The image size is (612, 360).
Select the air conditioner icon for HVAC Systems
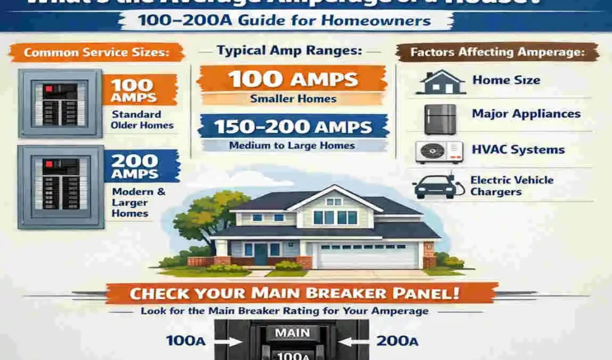tap(439, 152)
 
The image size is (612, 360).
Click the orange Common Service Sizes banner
tap(96, 52)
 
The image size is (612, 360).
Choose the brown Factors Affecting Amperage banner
tap(497, 52)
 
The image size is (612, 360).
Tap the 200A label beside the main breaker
tap(397, 341)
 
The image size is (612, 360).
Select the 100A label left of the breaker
tap(186, 341)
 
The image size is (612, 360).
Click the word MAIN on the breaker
tap(292, 332)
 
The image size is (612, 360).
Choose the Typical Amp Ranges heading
tap(290, 51)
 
